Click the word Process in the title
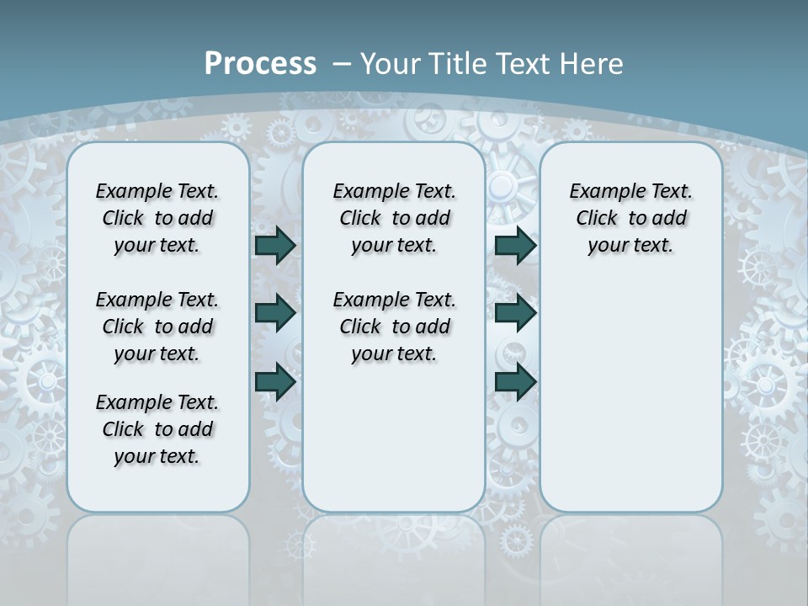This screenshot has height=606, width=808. [260, 64]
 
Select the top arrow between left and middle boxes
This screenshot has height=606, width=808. [275, 245]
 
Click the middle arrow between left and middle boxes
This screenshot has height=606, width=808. [275, 313]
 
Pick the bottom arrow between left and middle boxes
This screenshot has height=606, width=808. [275, 382]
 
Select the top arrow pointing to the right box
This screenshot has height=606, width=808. [515, 245]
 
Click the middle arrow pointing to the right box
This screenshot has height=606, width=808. [515, 313]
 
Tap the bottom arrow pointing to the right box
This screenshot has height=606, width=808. [515, 382]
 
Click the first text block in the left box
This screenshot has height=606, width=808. [157, 218]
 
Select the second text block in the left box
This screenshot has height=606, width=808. [157, 327]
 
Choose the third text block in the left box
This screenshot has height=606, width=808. [157, 429]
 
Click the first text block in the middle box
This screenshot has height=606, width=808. [394, 218]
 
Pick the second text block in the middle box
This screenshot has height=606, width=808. [394, 327]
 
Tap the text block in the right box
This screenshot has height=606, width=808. [630, 218]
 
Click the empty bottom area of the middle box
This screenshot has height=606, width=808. [394, 446]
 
